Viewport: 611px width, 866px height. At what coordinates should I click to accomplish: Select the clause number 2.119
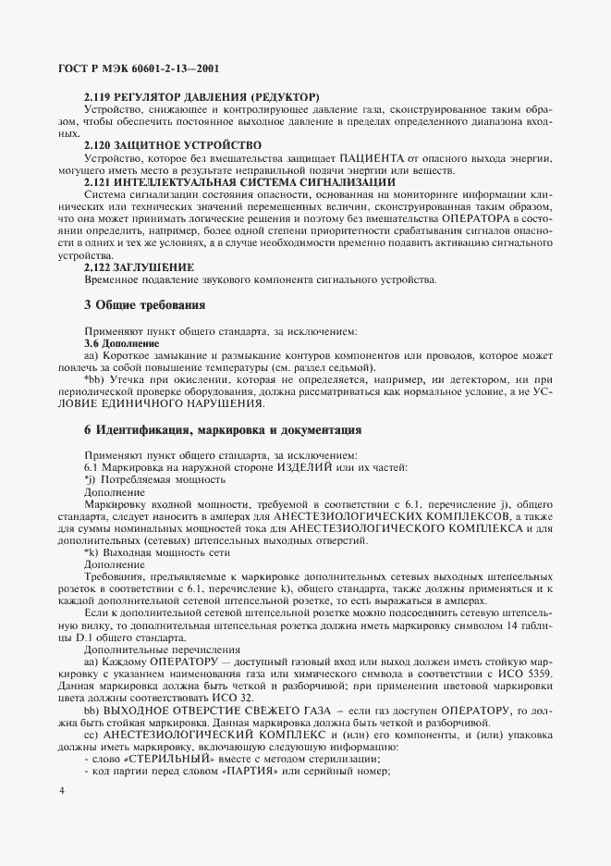99,96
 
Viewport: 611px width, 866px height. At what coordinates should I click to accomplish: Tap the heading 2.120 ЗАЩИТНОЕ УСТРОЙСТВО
172,144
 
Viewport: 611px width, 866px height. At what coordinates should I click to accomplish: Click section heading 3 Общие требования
144,304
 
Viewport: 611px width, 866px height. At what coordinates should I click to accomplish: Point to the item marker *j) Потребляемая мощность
90,480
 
